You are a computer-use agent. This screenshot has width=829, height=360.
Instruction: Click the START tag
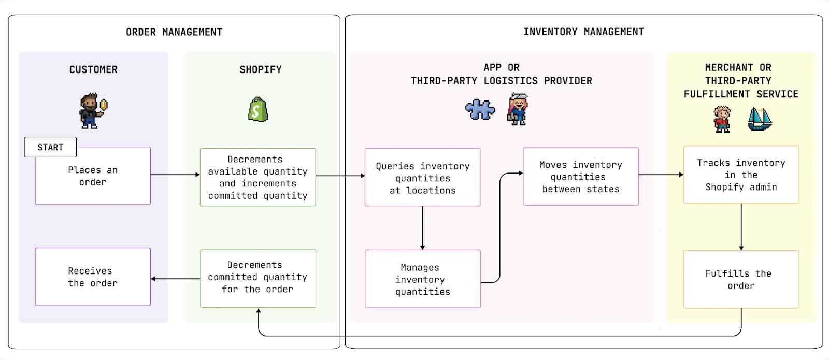(x=50, y=147)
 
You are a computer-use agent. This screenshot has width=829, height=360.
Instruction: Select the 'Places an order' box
(x=93, y=176)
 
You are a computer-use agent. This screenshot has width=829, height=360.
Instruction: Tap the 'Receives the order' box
(x=93, y=277)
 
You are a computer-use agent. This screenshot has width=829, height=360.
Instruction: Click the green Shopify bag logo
(x=258, y=109)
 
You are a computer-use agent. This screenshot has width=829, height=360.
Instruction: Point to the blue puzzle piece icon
(x=480, y=110)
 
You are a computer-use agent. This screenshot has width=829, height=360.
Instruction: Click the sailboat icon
(x=760, y=119)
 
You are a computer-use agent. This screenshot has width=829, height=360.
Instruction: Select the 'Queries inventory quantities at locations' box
(x=422, y=177)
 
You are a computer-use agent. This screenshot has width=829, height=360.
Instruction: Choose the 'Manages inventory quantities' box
(x=422, y=279)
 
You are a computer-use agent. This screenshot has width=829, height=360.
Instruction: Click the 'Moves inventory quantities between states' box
(x=580, y=177)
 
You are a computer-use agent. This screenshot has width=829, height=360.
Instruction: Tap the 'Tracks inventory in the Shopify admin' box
(x=741, y=175)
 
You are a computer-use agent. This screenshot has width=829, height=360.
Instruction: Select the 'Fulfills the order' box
(x=741, y=279)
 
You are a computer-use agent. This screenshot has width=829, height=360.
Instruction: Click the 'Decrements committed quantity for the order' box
(x=258, y=278)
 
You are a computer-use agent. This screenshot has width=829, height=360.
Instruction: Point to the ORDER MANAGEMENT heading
(x=174, y=32)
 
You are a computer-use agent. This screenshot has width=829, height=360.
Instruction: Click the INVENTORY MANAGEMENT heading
(x=583, y=32)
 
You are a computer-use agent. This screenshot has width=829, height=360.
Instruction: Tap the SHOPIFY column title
(x=261, y=69)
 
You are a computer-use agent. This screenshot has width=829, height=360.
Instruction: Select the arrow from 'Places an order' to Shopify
(x=175, y=175)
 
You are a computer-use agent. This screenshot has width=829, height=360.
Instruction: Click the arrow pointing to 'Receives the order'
(x=175, y=279)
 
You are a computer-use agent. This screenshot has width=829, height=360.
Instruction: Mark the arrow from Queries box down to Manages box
(x=422, y=228)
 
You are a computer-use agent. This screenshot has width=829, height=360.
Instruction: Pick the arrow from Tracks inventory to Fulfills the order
(x=741, y=227)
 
